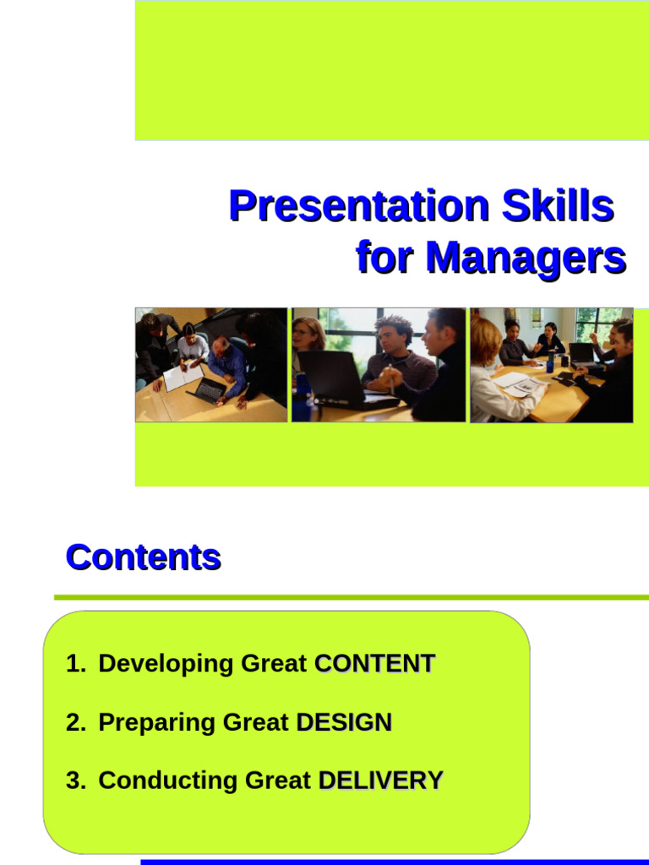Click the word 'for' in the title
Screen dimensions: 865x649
[x=385, y=257]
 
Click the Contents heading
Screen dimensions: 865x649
[x=143, y=558]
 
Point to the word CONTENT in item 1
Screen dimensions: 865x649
[x=374, y=664]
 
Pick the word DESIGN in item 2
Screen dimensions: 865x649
[x=344, y=722]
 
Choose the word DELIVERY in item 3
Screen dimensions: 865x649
[x=380, y=781]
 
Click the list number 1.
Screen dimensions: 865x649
[x=74, y=664]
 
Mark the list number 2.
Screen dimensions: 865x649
[x=74, y=722]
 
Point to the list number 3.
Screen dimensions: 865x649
[x=74, y=781]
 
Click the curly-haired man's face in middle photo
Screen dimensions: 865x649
[x=391, y=337]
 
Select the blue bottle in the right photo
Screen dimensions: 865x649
[x=550, y=362]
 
